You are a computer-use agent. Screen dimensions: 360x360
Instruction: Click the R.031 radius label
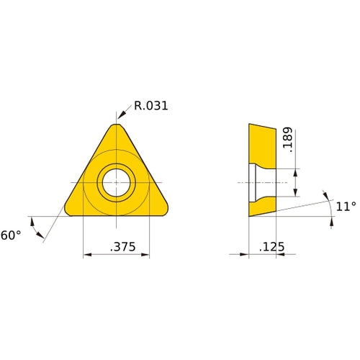coord(151,107)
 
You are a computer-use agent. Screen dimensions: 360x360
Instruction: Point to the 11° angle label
coord(346,207)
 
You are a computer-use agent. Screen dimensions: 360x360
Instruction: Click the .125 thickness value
coord(271,247)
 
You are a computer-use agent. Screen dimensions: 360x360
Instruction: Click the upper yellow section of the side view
coord(262,144)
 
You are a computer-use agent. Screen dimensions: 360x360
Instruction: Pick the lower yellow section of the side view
coord(261,207)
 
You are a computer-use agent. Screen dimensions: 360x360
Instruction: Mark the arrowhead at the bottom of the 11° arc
coord(332,222)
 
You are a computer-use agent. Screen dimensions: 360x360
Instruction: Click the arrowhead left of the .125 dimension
coord(244,254)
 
